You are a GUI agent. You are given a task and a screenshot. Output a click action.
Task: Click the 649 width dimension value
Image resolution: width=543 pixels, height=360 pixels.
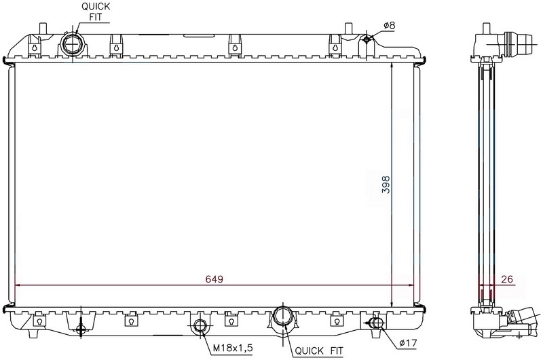[x=214, y=279]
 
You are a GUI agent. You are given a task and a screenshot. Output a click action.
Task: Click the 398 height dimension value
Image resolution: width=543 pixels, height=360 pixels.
[x=386, y=185]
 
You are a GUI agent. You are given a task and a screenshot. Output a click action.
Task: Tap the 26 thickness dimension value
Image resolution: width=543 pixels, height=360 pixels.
[x=506, y=279]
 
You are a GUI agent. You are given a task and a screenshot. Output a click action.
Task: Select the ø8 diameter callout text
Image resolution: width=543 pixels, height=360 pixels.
[x=389, y=25]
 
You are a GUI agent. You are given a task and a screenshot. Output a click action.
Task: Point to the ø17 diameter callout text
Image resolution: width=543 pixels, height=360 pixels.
[x=408, y=343]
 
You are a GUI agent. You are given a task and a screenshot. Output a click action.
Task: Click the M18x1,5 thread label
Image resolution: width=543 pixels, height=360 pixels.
[x=232, y=348]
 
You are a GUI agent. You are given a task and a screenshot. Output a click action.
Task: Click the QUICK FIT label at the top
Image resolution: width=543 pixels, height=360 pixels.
[x=96, y=12]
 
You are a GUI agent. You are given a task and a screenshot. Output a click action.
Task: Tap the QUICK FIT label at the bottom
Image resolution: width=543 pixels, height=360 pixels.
[x=318, y=351]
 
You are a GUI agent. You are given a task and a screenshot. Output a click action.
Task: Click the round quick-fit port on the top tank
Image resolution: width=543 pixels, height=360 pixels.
[x=73, y=45]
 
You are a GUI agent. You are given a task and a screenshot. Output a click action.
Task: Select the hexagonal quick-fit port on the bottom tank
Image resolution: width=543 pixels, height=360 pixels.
[x=283, y=317]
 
